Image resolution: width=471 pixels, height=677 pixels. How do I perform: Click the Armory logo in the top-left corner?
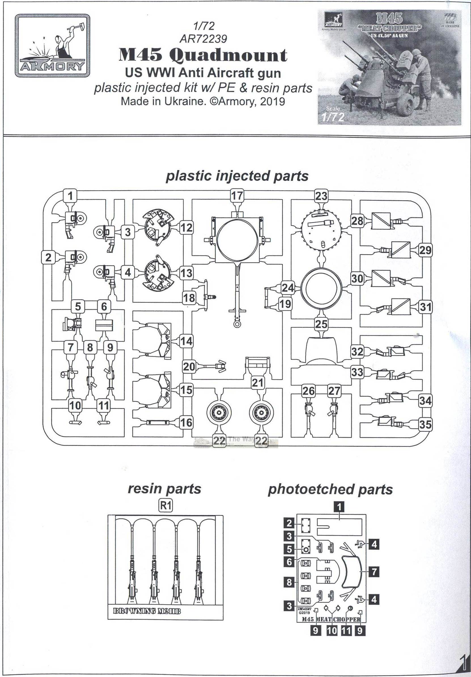tap(52, 46)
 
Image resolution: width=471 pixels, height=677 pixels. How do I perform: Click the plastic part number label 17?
tap(237, 195)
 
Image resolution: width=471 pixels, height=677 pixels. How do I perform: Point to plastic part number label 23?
tap(321, 196)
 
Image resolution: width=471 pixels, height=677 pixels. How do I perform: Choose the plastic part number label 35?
tap(425, 425)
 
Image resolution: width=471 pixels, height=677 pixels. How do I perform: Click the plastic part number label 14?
tap(186, 341)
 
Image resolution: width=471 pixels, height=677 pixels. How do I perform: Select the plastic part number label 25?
tap(321, 324)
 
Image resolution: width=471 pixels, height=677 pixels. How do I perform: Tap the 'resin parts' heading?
tap(164, 489)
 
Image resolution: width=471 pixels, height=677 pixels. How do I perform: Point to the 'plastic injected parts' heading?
tap(237, 176)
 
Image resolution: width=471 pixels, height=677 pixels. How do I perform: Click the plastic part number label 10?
tap(75, 405)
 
